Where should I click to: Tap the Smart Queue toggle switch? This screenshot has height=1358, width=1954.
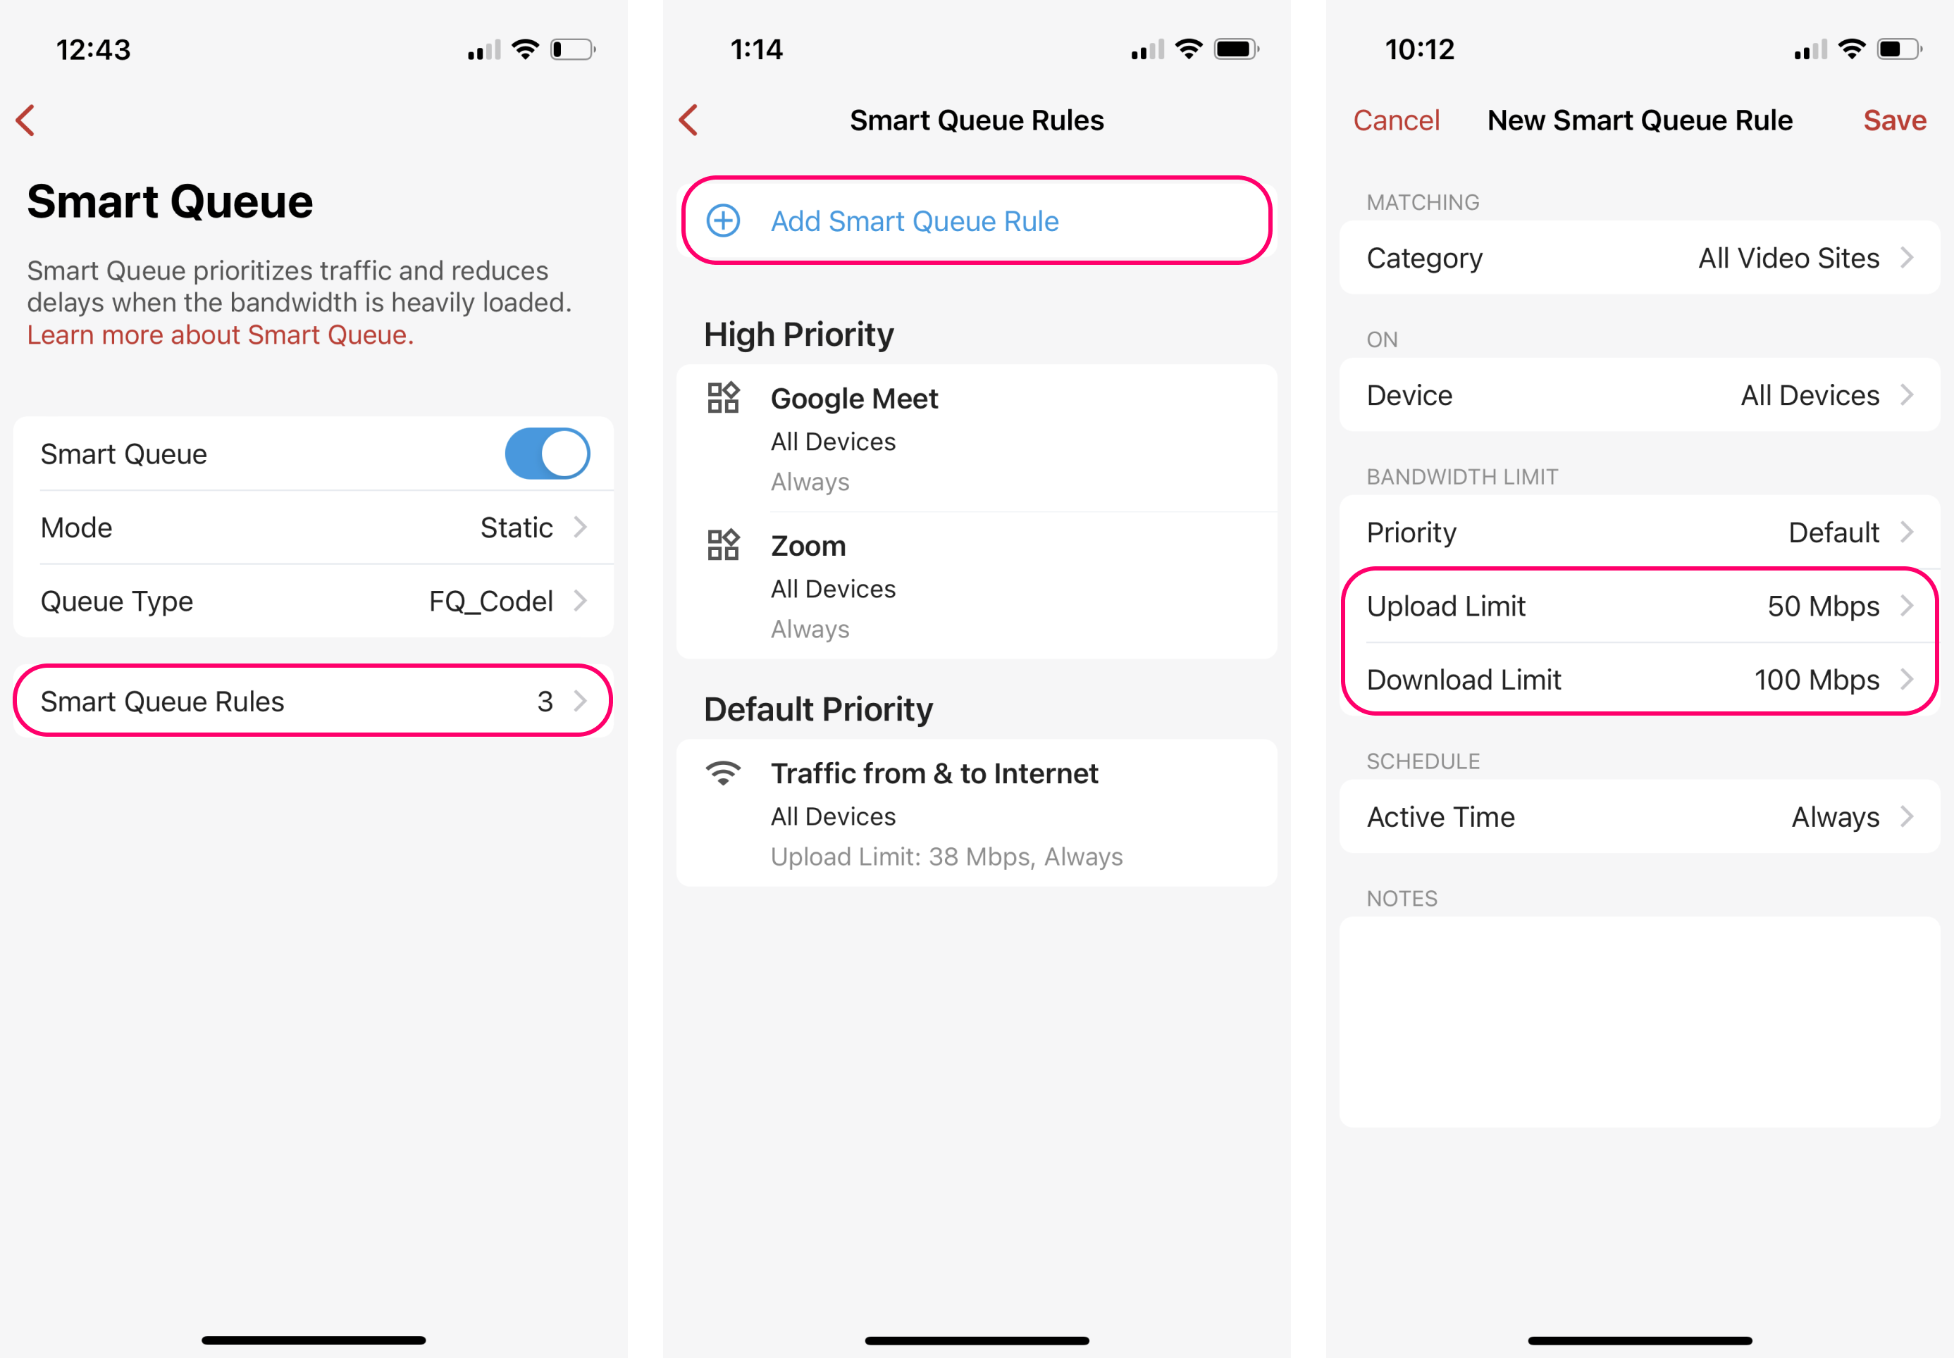(548, 454)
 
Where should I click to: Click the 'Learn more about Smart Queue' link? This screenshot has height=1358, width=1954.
(221, 335)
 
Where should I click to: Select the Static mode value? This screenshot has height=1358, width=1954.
(517, 528)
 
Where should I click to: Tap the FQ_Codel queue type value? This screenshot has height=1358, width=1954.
(491, 602)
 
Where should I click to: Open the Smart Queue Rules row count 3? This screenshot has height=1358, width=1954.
(545, 701)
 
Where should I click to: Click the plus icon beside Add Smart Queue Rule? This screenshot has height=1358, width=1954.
(724, 221)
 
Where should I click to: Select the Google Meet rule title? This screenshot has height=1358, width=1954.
(855, 398)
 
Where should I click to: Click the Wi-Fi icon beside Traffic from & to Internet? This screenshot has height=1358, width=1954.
(724, 773)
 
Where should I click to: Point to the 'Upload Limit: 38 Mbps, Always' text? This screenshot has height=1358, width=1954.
(947, 856)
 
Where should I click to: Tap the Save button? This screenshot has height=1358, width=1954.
(1894, 120)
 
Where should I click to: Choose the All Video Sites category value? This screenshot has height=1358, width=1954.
(1789, 258)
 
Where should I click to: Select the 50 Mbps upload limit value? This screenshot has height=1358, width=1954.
(1823, 606)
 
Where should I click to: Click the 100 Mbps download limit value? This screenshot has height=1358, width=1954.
(1816, 680)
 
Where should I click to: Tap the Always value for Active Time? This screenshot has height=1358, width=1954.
(1836, 817)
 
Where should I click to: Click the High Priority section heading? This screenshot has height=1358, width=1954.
(798, 335)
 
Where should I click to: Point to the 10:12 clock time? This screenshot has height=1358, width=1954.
(1420, 49)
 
